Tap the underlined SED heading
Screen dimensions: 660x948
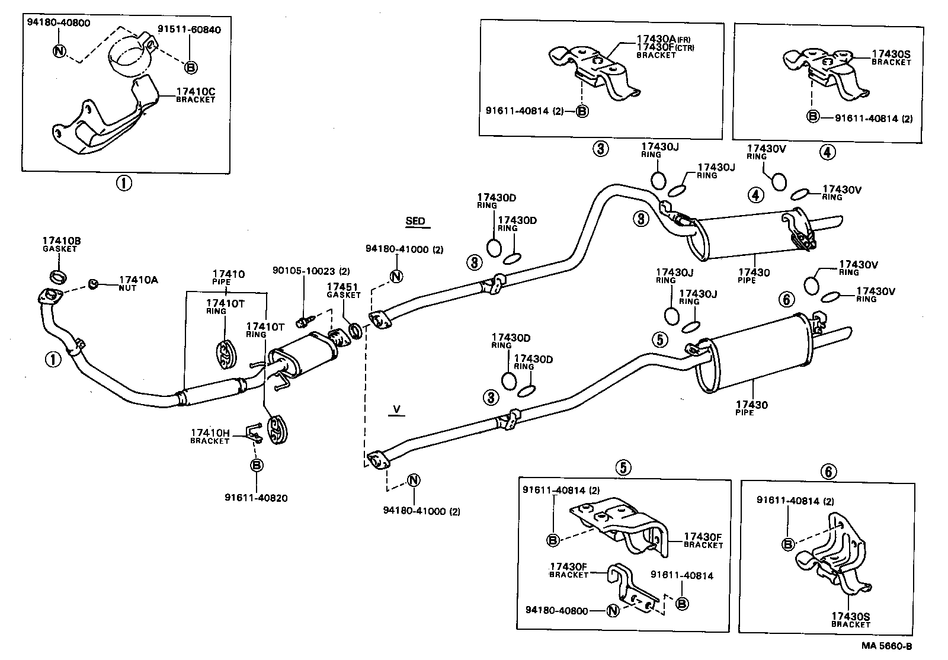[415, 222]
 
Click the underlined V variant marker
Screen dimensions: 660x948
[396, 409]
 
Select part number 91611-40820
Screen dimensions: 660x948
[256, 498]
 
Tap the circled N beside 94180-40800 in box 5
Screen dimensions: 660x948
[613, 610]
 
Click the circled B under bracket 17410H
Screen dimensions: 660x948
[256, 466]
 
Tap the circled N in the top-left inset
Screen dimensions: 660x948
[59, 50]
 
